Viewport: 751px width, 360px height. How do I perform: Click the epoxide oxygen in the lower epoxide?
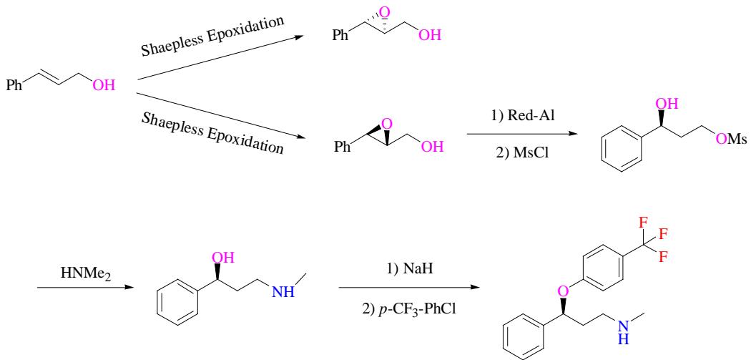click(x=387, y=125)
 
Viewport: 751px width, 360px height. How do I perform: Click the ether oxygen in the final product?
click(x=565, y=291)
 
